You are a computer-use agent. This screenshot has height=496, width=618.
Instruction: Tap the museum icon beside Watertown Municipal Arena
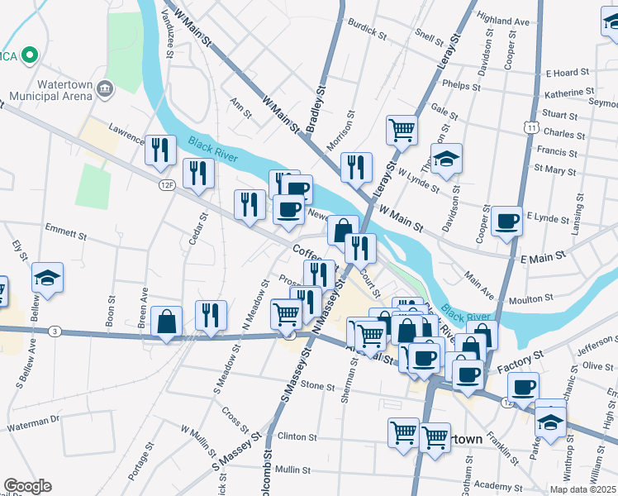tap(105, 88)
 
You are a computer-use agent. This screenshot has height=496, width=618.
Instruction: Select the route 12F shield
tap(168, 185)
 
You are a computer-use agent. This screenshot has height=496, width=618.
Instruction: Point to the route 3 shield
tap(54, 331)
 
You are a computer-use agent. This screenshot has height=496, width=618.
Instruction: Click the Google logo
tap(27, 486)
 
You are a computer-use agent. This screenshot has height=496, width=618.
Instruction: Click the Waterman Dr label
tap(33, 420)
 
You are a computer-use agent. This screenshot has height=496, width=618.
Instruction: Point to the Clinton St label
tap(297, 436)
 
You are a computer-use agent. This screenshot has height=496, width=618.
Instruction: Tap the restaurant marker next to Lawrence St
tap(160, 150)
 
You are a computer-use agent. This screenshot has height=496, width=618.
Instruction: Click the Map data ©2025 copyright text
tap(582, 489)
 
